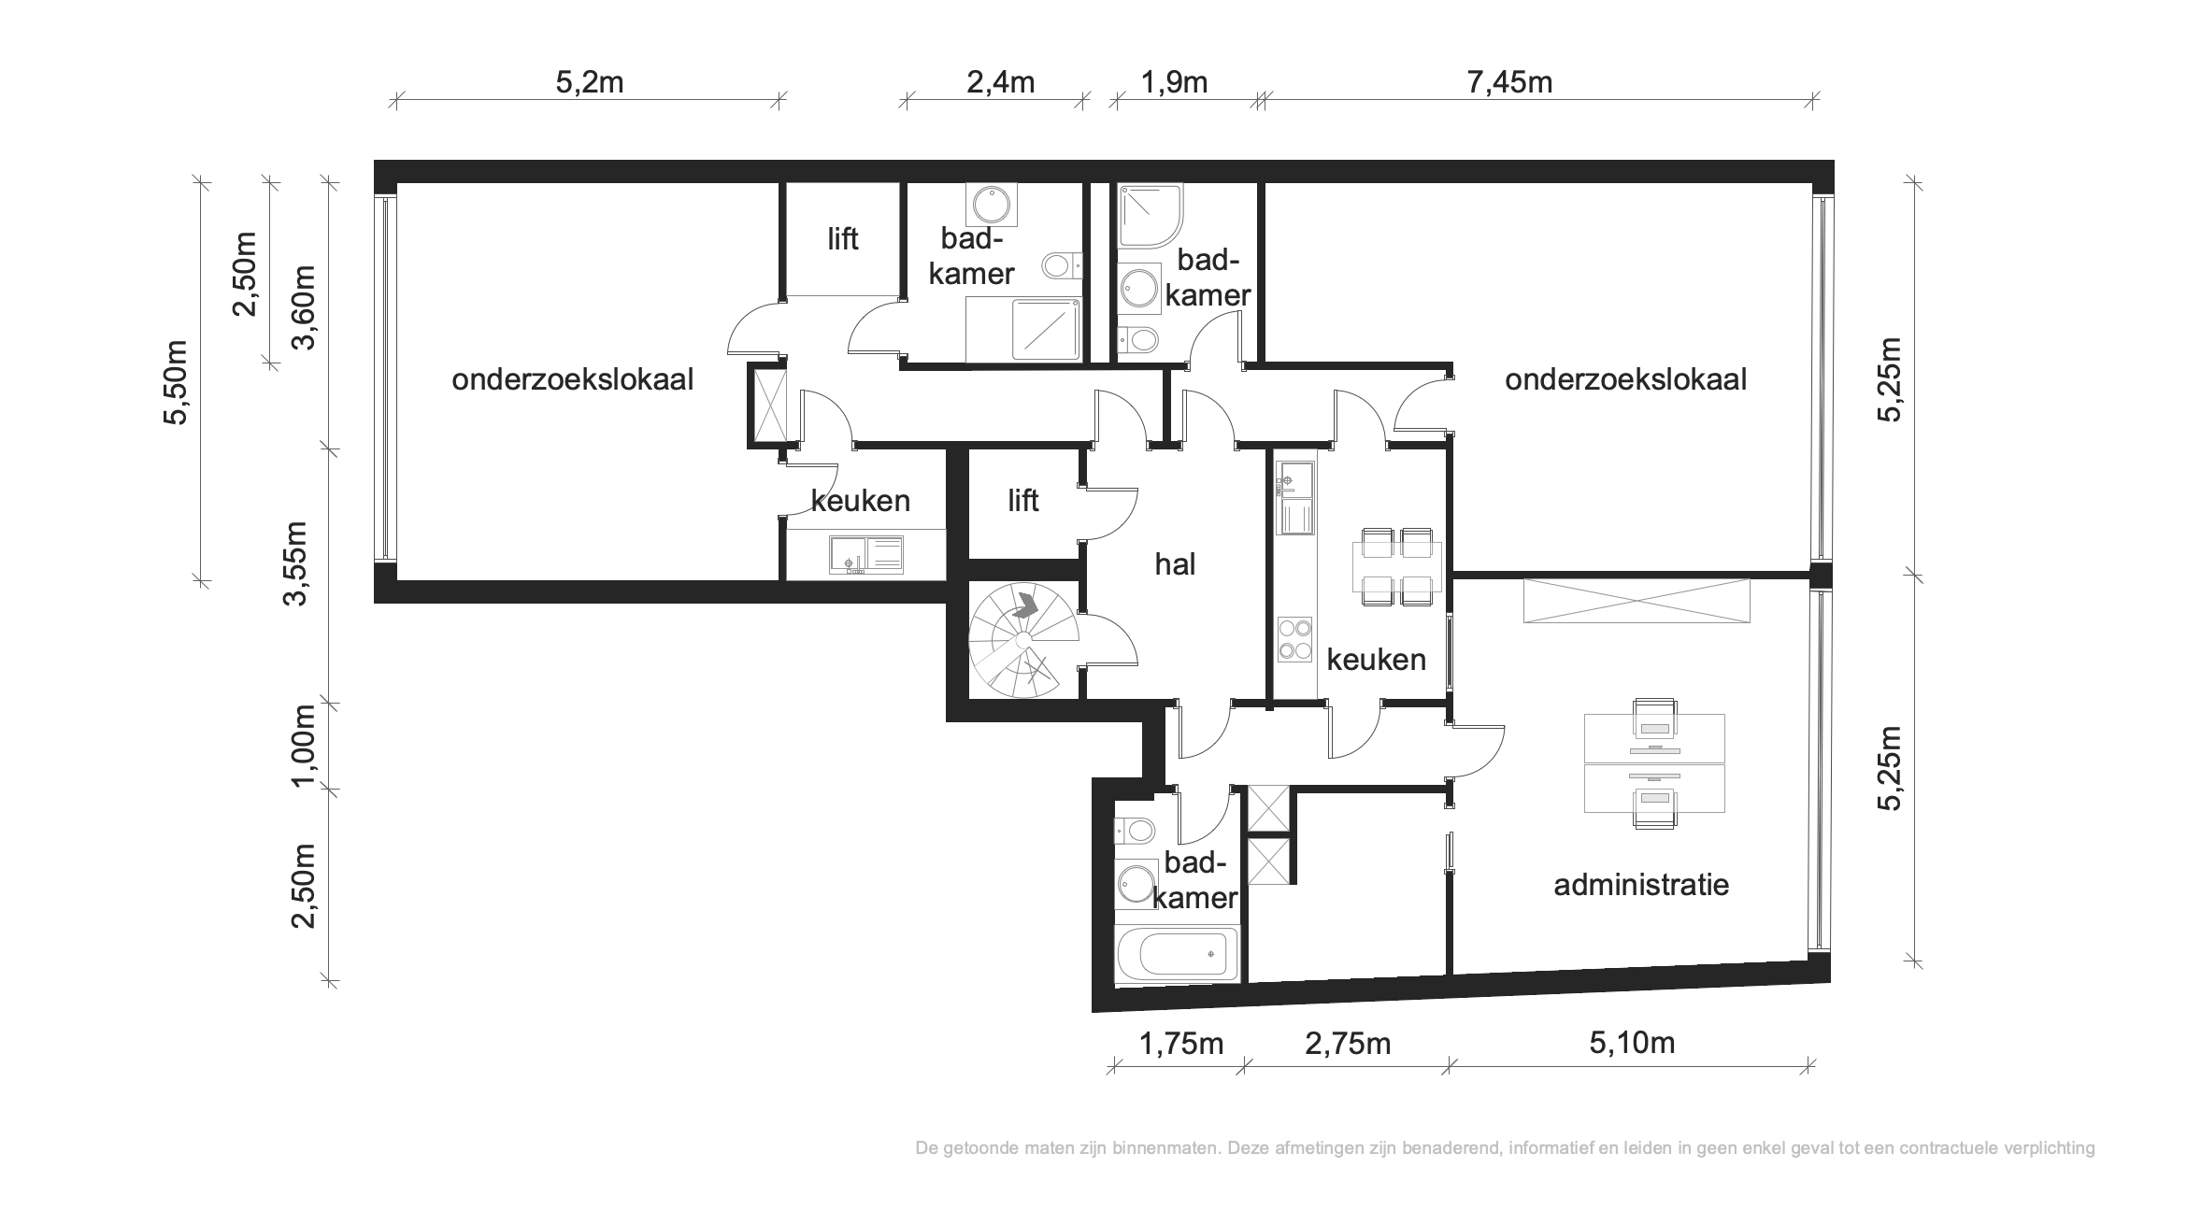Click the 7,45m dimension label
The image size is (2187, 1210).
pyautogui.click(x=1509, y=82)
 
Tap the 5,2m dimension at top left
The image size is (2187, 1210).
pyautogui.click(x=590, y=82)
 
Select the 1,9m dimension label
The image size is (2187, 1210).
pyautogui.click(x=1174, y=82)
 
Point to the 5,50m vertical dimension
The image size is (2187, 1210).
pyautogui.click(x=176, y=381)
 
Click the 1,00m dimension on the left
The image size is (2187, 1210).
pyautogui.click(x=305, y=747)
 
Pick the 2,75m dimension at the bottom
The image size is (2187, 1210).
pyautogui.click(x=1348, y=1043)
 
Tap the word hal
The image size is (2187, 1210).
pyautogui.click(x=1175, y=564)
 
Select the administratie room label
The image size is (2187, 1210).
pyautogui.click(x=1641, y=884)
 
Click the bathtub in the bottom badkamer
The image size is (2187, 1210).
pyautogui.click(x=1178, y=954)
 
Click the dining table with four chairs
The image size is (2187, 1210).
pyautogui.click(x=1396, y=567)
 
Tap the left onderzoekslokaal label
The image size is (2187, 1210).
pyautogui.click(x=573, y=379)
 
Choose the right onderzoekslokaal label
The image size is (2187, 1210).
pyautogui.click(x=1625, y=379)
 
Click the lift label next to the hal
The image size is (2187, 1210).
pyautogui.click(x=1023, y=501)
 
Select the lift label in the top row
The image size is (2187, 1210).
pyautogui.click(x=842, y=239)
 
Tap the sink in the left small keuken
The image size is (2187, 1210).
pyautogui.click(x=865, y=555)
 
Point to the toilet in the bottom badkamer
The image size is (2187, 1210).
pyautogui.click(x=1135, y=829)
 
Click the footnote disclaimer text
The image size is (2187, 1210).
pyautogui.click(x=1505, y=1147)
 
